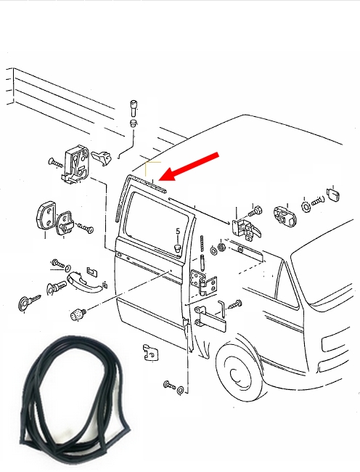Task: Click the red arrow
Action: click(189, 167)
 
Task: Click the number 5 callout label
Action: click(178, 231)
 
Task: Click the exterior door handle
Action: click(82, 282)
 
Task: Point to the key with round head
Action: click(28, 302)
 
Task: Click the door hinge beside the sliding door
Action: click(203, 283)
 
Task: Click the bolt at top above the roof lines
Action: click(134, 108)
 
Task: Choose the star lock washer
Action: click(306, 206)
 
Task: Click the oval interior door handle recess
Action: click(285, 216)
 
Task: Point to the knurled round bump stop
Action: click(78, 314)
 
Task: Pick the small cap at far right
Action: click(333, 195)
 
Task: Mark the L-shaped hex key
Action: click(221, 308)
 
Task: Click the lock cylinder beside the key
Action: click(56, 287)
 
